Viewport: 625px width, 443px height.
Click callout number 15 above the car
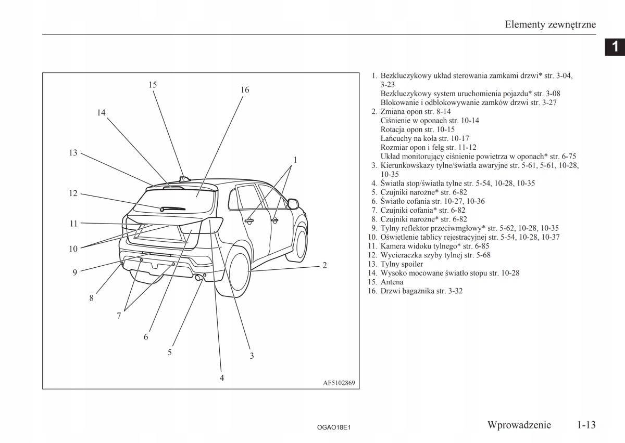point(153,85)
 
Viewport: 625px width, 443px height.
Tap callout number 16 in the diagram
point(245,90)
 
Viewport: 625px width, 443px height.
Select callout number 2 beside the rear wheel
point(324,265)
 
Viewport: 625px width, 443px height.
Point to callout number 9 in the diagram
point(75,272)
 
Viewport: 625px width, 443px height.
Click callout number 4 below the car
point(222,378)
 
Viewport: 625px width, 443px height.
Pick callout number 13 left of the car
point(73,153)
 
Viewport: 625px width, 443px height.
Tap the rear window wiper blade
point(173,209)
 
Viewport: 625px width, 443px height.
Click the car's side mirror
point(293,203)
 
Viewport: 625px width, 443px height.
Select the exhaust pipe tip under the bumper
point(198,278)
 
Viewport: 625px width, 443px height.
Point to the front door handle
point(274,220)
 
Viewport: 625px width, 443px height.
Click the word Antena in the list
point(392,282)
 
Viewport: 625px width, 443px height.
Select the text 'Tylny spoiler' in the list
point(402,264)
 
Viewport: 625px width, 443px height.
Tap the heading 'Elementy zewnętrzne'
point(550,24)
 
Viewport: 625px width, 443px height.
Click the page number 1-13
point(586,425)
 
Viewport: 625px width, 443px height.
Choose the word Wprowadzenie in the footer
point(519,425)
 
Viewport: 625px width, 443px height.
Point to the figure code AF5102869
point(339,383)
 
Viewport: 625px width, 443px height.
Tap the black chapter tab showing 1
point(615,47)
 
